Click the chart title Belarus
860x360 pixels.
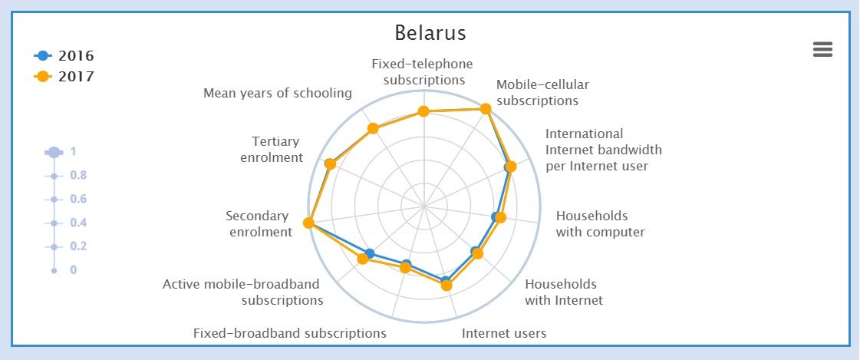coord(430,34)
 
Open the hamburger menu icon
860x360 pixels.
coord(822,50)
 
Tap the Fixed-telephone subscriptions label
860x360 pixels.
coord(423,71)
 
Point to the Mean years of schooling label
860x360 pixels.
coord(278,93)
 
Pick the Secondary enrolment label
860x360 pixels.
coord(259,223)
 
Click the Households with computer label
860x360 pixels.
coord(600,223)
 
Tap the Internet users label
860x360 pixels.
coord(504,333)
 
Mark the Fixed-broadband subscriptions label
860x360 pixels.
coord(289,333)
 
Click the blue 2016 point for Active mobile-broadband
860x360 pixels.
coord(370,253)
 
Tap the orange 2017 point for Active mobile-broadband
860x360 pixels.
coord(363,259)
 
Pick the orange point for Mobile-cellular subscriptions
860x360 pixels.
coord(485,109)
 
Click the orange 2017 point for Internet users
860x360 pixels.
coord(446,286)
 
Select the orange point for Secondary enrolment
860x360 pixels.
coord(308,223)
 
